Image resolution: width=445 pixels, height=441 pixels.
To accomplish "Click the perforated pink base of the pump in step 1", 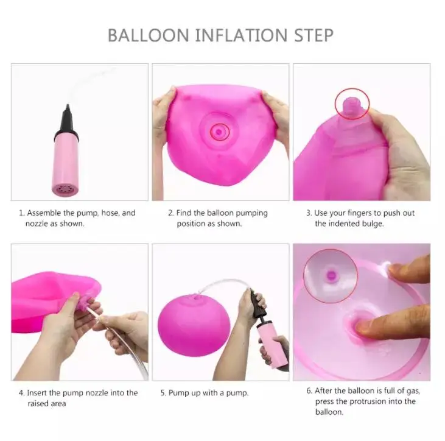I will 65,189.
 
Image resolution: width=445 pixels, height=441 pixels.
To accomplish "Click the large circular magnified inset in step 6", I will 331,276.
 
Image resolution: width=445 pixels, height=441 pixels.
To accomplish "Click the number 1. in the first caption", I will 21,213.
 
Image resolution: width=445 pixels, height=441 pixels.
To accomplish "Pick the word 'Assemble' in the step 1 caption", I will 44,213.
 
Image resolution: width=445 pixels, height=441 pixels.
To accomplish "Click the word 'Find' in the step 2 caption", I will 184,213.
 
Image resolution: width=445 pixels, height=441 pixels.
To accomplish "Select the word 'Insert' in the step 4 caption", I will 38,393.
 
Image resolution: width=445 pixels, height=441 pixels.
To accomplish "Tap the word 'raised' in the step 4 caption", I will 36,403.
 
